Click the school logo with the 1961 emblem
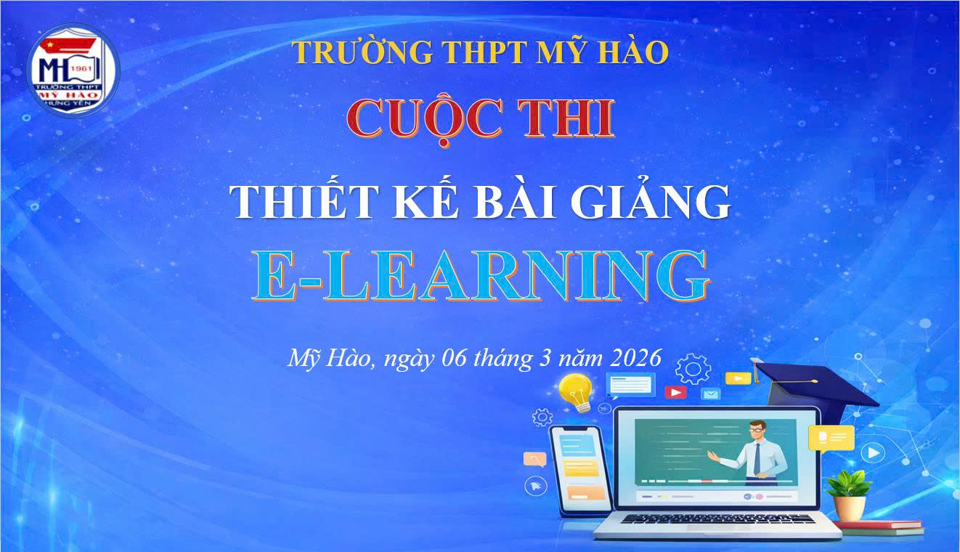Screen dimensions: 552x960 click(72, 70)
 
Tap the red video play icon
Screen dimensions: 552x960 click(675, 392)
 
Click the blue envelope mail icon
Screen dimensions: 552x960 click(710, 394)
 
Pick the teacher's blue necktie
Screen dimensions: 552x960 click(757, 459)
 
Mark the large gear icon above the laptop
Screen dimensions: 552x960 click(693, 370)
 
